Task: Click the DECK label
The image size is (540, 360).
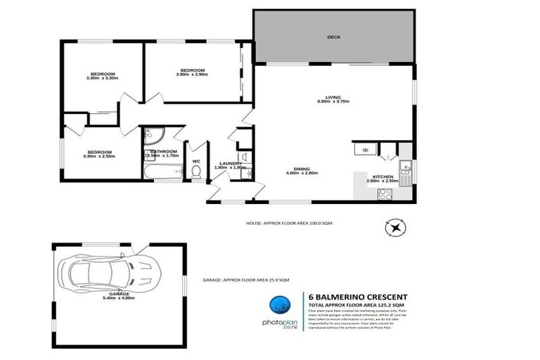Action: coord(333,37)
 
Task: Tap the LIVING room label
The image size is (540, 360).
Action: coord(333,97)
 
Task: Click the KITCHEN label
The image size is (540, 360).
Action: coord(382,176)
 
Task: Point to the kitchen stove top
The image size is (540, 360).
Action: coord(385,195)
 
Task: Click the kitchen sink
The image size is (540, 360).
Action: coord(405,168)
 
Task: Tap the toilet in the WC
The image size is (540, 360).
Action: coord(196,171)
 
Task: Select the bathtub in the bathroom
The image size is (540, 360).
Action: coord(162,170)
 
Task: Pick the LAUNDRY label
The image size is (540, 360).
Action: coord(231,163)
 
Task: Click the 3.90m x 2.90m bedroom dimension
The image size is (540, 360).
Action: coord(192,75)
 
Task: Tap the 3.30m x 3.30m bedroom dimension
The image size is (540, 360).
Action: coord(102,78)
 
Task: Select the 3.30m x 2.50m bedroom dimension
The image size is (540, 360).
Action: coord(99,156)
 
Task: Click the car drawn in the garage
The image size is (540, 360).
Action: coord(110,268)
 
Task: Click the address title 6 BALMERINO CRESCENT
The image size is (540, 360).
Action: coord(358,296)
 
